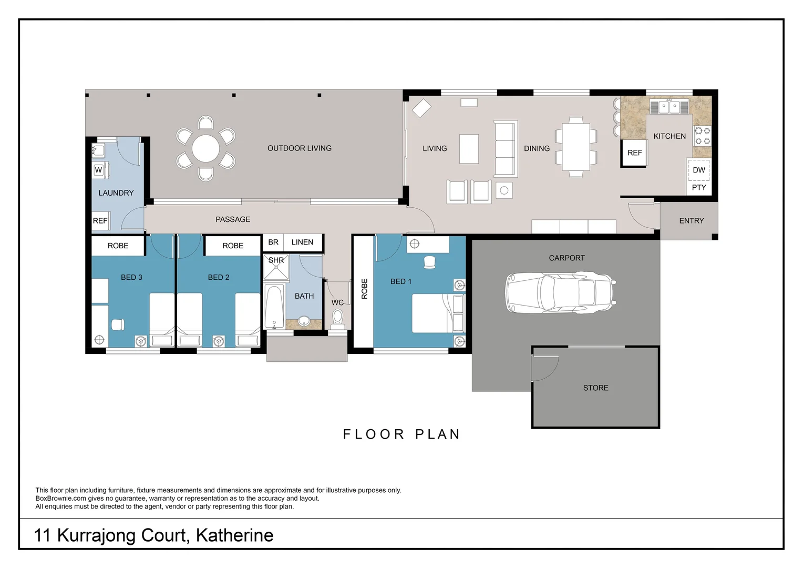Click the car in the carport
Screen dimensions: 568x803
pyautogui.click(x=560, y=293)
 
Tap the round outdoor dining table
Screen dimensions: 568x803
pyautogui.click(x=205, y=148)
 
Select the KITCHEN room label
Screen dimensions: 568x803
pyautogui.click(x=669, y=136)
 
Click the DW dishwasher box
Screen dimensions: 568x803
pyautogui.click(x=698, y=170)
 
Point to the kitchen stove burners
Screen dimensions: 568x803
pyautogui.click(x=703, y=136)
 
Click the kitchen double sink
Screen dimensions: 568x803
pyautogui.click(x=669, y=107)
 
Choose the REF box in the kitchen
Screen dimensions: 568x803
pyautogui.click(x=634, y=153)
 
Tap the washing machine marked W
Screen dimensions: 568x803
pyautogui.click(x=99, y=170)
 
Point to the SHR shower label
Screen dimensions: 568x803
pyautogui.click(x=276, y=260)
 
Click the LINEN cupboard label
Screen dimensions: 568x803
pyautogui.click(x=302, y=242)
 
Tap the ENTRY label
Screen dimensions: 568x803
pyautogui.click(x=691, y=221)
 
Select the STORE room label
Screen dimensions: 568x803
pyautogui.click(x=595, y=388)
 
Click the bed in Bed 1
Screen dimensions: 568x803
pyautogui.click(x=433, y=313)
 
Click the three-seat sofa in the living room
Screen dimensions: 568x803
pyautogui.click(x=506, y=149)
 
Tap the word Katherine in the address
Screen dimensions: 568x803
pyautogui.click(x=234, y=535)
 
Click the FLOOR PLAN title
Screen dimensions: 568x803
pyautogui.click(x=401, y=434)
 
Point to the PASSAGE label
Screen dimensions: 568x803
pyautogui.click(x=233, y=219)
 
